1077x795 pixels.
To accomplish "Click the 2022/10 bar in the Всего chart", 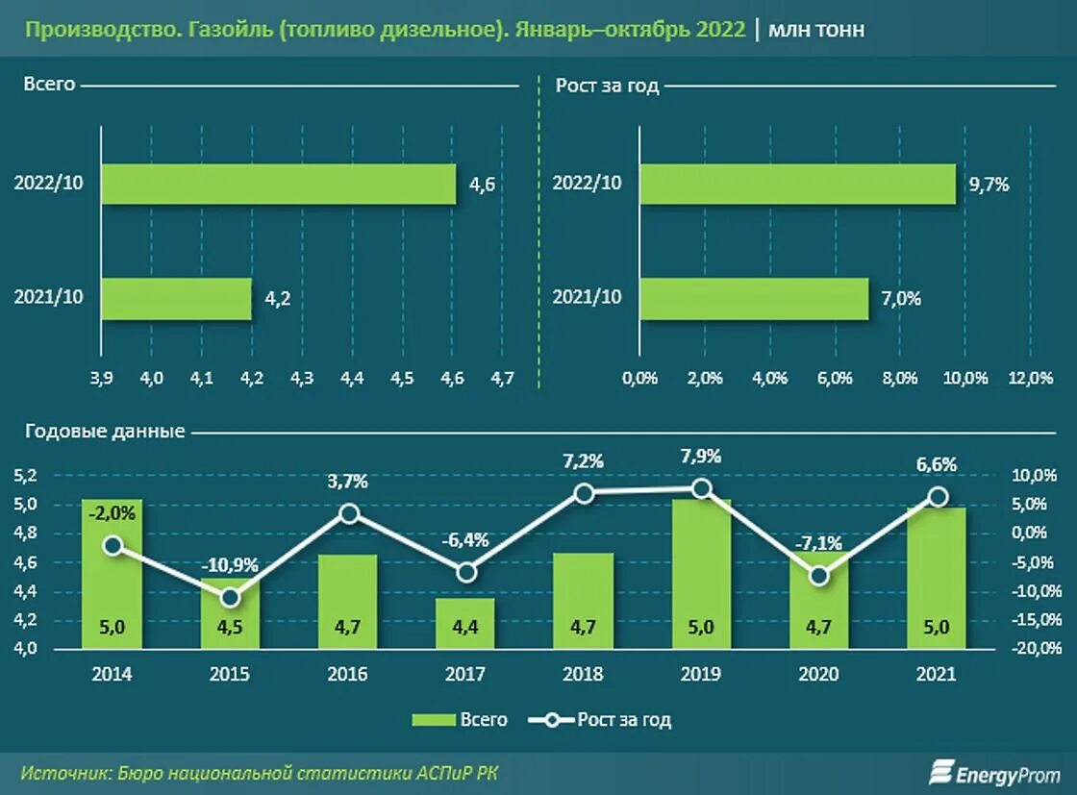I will point(278,184).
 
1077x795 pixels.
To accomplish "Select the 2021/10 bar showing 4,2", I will point(176,298).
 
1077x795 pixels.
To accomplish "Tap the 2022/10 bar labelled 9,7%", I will point(797,184).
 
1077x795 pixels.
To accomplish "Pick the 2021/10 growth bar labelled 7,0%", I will point(754,298).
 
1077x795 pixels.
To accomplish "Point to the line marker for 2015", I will point(230,598).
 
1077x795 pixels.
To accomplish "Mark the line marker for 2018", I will point(584,493).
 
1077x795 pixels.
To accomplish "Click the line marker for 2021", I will point(937,497).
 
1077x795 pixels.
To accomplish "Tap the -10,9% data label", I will point(230,565).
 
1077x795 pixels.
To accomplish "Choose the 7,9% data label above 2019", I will point(701,456).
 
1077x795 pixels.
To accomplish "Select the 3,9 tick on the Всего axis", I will point(102,379).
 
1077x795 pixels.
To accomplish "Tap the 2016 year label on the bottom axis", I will point(348,674).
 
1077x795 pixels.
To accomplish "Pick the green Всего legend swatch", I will point(433,720).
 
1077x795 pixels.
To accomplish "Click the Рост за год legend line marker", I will point(552,720).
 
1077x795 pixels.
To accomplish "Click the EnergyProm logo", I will point(994,772).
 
